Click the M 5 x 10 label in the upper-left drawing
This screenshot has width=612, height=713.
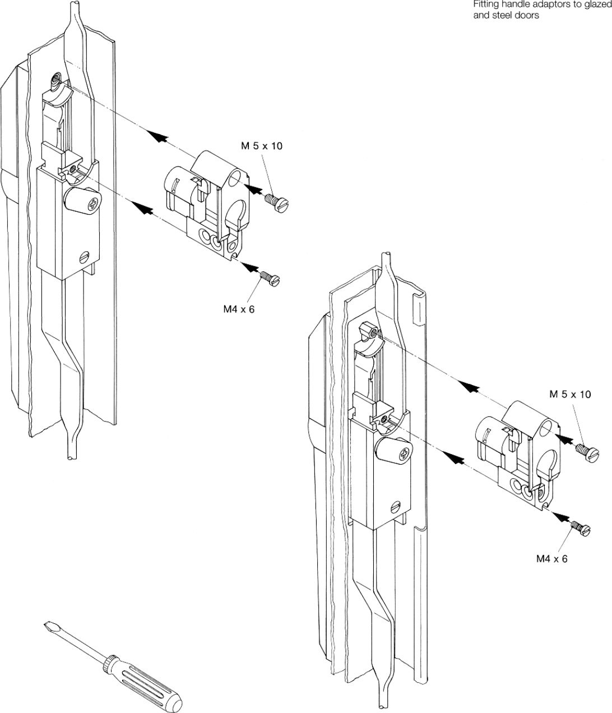[x=262, y=146]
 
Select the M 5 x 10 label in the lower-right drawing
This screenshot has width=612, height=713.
[x=569, y=395]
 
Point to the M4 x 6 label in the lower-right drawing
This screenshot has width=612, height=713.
[x=551, y=558]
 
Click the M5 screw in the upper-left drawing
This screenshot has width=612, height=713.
[x=277, y=202]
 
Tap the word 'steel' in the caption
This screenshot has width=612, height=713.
[x=511, y=16]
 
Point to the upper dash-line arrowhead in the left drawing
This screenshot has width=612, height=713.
[x=158, y=136]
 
